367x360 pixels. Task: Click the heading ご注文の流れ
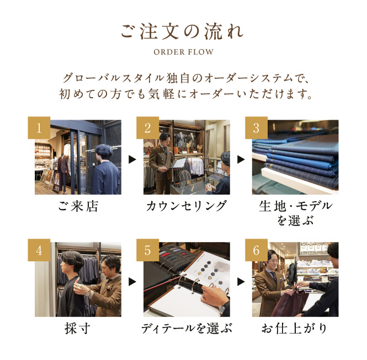pyautogui.click(x=182, y=31)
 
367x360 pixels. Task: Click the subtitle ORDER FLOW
pyautogui.click(x=183, y=52)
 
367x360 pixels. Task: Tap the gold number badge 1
pyautogui.click(x=39, y=128)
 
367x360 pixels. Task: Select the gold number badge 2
pyautogui.click(x=148, y=128)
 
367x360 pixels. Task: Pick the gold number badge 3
pyautogui.click(x=256, y=128)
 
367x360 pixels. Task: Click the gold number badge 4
pyautogui.click(x=39, y=250)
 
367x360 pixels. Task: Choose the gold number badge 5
pyautogui.click(x=148, y=250)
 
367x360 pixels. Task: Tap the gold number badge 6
pyautogui.click(x=256, y=250)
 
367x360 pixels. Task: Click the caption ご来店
pyautogui.click(x=78, y=206)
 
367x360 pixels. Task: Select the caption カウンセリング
pyautogui.click(x=187, y=206)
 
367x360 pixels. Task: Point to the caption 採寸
pyautogui.click(x=78, y=328)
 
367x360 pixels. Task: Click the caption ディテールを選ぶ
pyautogui.click(x=187, y=328)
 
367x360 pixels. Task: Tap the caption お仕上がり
pyautogui.click(x=295, y=328)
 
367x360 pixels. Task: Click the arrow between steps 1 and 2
pyautogui.click(x=132, y=159)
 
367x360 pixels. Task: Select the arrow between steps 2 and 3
pyautogui.click(x=241, y=159)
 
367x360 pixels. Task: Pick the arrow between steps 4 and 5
pyautogui.click(x=132, y=282)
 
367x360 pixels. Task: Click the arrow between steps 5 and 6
pyautogui.click(x=241, y=282)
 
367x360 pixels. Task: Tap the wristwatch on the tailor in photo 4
pyautogui.click(x=88, y=293)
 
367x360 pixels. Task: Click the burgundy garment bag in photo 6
pyautogui.click(x=290, y=303)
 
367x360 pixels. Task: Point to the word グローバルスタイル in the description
pyautogui.click(x=114, y=78)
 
